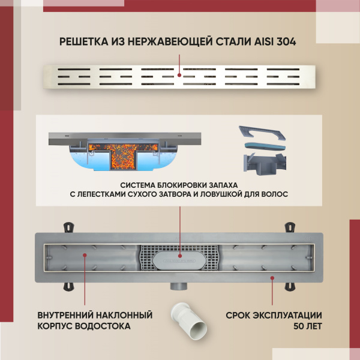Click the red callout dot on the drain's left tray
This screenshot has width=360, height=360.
tap(84, 255)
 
